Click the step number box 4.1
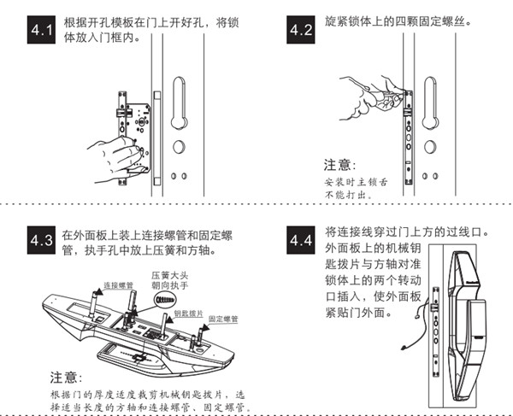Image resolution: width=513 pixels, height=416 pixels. point(40,32)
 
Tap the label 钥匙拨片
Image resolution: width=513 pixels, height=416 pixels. point(186,313)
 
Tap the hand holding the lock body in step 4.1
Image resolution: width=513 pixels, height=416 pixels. point(113,154)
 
